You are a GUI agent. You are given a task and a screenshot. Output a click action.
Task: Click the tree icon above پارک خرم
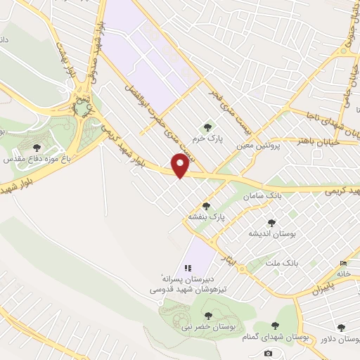(207, 127)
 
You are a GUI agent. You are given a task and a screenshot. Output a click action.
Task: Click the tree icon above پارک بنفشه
(206, 206)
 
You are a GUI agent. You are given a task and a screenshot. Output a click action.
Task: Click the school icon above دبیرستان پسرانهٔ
(187, 268)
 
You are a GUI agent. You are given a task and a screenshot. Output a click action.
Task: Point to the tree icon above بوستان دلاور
(341, 327)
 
